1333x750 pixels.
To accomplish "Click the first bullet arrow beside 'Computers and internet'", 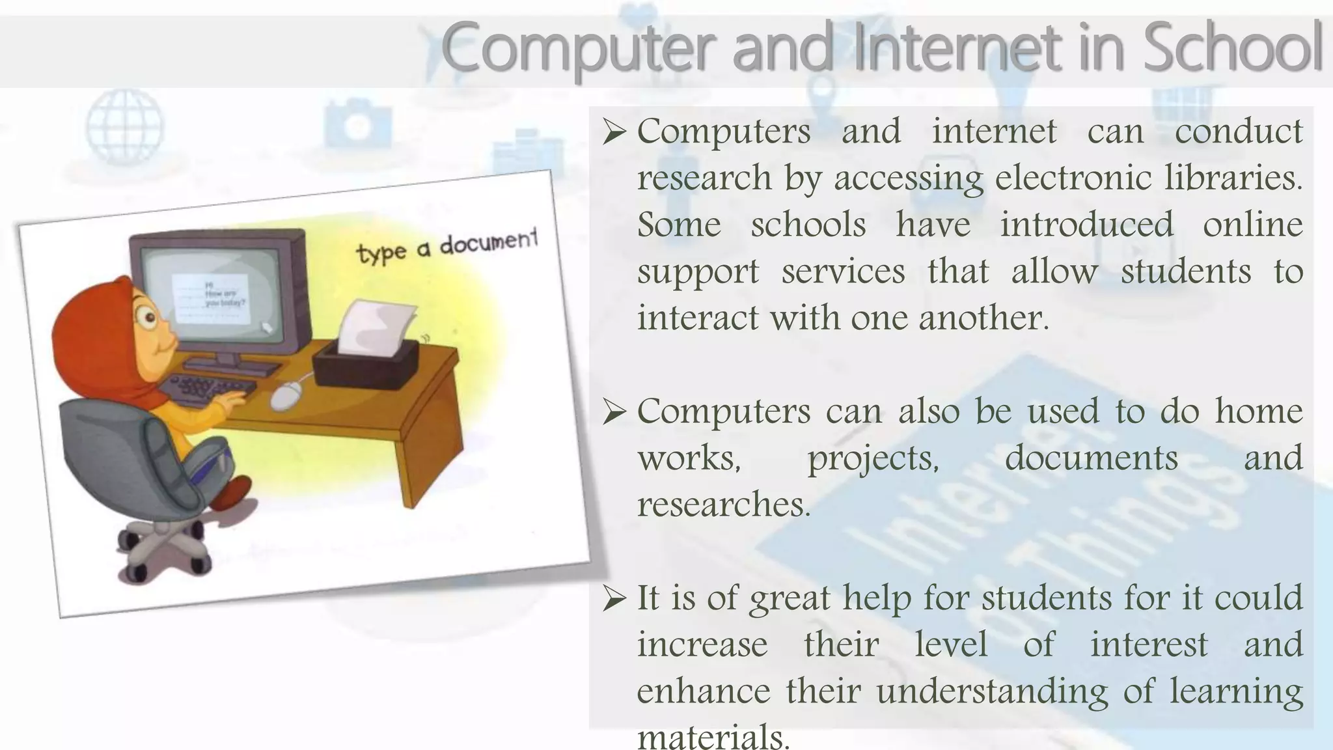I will (614, 133).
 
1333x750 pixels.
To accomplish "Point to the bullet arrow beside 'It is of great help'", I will (614, 599).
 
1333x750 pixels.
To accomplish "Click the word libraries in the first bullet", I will (1233, 178).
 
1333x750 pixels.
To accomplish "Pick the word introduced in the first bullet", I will (1086, 225).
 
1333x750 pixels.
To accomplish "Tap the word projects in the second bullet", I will (873, 458).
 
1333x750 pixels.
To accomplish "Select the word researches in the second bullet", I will (724, 505).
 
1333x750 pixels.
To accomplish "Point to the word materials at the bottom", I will (713, 737).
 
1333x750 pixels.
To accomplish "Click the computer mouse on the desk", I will (286, 395).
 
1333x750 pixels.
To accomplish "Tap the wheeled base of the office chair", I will (163, 547).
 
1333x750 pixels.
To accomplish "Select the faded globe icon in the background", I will (125, 125).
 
